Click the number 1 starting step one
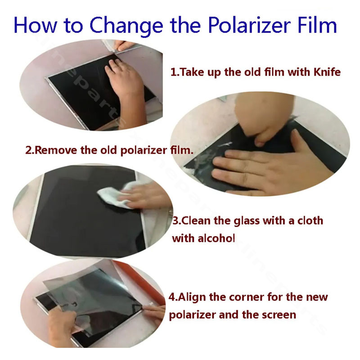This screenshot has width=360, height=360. (172, 72)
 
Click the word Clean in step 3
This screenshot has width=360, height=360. (199, 221)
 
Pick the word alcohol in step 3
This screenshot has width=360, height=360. (216, 238)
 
